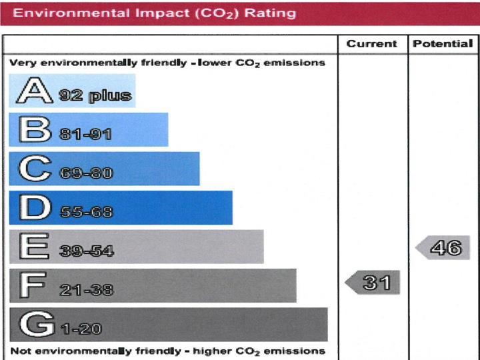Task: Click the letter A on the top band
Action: tap(35, 91)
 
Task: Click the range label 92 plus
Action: tap(95, 95)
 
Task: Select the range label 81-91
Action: tap(85, 135)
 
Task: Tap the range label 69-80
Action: tap(86, 174)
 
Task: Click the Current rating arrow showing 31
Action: tap(373, 283)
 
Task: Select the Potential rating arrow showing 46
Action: tap(443, 248)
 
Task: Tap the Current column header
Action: tap(371, 44)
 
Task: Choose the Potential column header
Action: tap(443, 44)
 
